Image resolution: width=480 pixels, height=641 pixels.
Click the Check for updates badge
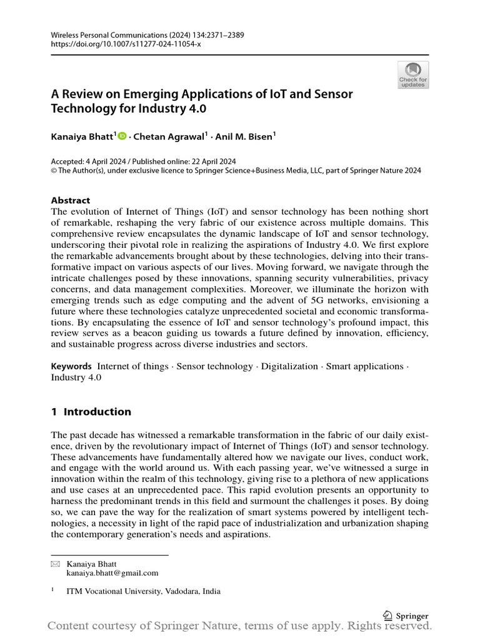tap(413, 74)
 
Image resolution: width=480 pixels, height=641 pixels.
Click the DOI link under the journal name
tap(126, 45)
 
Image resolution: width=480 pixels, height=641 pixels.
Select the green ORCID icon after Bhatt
tap(121, 136)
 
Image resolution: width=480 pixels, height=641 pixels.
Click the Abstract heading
tap(70, 201)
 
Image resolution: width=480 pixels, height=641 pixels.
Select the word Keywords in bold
tap(71, 366)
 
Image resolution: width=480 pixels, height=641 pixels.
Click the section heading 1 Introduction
tap(91, 411)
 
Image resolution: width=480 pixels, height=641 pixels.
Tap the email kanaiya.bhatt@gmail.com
tap(112, 572)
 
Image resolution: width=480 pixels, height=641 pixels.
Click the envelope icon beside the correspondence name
tap(54, 564)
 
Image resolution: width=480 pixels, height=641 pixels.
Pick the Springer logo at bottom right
tap(406, 615)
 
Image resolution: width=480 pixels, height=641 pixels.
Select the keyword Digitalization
tap(289, 366)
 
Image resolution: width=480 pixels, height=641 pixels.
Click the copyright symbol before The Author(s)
tap(54, 170)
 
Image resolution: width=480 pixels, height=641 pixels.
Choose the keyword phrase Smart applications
tap(365, 366)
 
